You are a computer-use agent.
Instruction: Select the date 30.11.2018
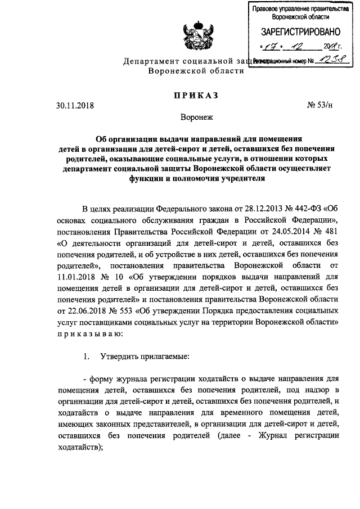pyautogui.click(x=75, y=105)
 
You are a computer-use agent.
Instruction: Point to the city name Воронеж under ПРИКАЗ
pyautogui.click(x=196, y=118)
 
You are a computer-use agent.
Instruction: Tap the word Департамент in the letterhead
pyautogui.click(x=151, y=61)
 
